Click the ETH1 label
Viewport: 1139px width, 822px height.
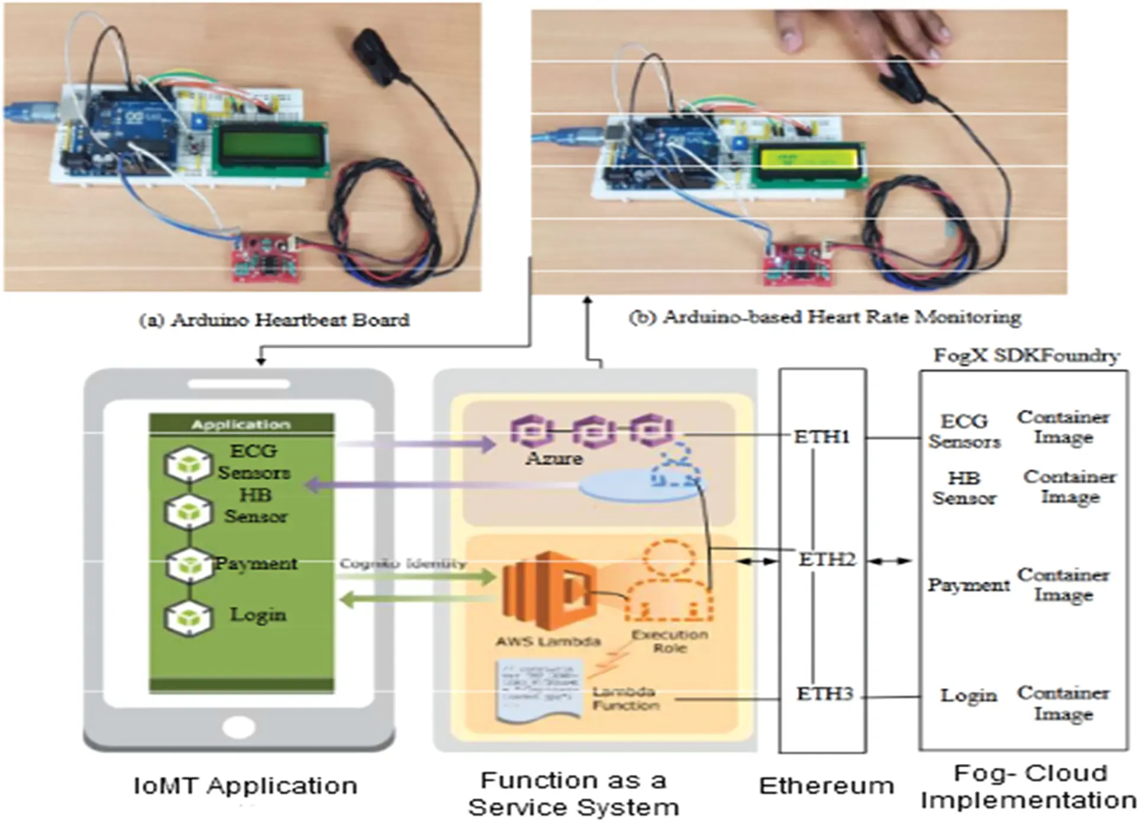point(821,437)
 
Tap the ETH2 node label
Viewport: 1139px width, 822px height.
point(827,559)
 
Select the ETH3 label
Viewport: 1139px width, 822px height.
point(824,693)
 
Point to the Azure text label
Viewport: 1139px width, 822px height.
point(554,458)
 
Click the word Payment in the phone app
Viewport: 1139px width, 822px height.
point(256,563)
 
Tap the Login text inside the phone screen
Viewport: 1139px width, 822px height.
point(257,615)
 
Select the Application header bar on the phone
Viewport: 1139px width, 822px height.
point(241,424)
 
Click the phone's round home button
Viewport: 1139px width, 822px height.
point(238,727)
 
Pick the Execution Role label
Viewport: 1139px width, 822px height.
point(669,641)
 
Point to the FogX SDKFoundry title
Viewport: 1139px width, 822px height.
point(1026,355)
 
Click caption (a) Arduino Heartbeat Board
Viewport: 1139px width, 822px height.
point(274,320)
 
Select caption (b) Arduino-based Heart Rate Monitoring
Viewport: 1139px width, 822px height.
point(825,317)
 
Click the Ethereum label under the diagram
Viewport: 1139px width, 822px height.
point(826,786)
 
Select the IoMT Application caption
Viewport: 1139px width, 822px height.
point(245,786)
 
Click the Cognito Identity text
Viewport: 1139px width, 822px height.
point(402,563)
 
